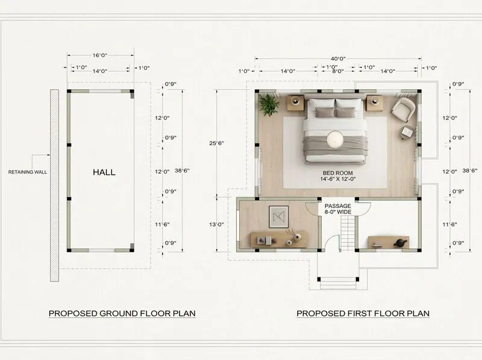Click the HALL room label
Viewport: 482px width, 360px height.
[104, 172]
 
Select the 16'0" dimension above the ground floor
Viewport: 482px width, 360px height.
[99, 55]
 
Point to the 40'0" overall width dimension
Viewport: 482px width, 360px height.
[337, 59]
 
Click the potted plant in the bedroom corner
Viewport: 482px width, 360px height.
[269, 104]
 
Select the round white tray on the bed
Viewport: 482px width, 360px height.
[335, 140]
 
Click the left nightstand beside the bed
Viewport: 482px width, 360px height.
[296, 101]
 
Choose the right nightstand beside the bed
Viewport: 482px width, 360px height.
[374, 101]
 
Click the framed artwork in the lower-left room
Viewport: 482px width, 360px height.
[279, 215]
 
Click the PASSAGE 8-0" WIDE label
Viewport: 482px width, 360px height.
[337, 209]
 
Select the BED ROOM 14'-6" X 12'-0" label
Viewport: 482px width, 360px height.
[337, 175]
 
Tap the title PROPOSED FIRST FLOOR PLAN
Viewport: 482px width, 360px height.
[363, 314]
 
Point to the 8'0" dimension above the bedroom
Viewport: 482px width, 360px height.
[337, 71]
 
